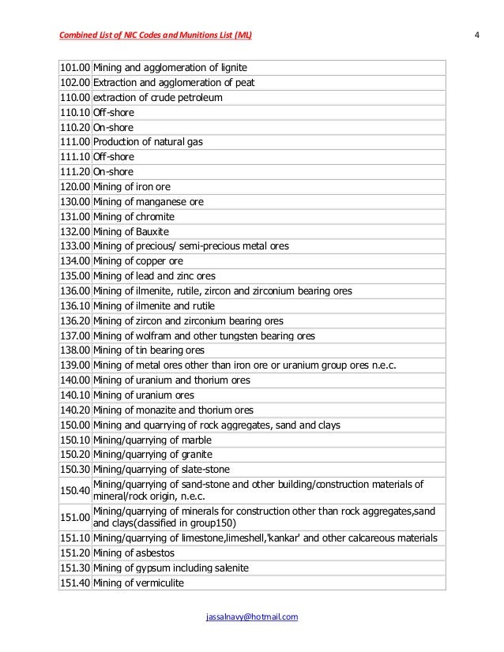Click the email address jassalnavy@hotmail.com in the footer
point(251,616)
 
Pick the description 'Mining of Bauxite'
point(134,231)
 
